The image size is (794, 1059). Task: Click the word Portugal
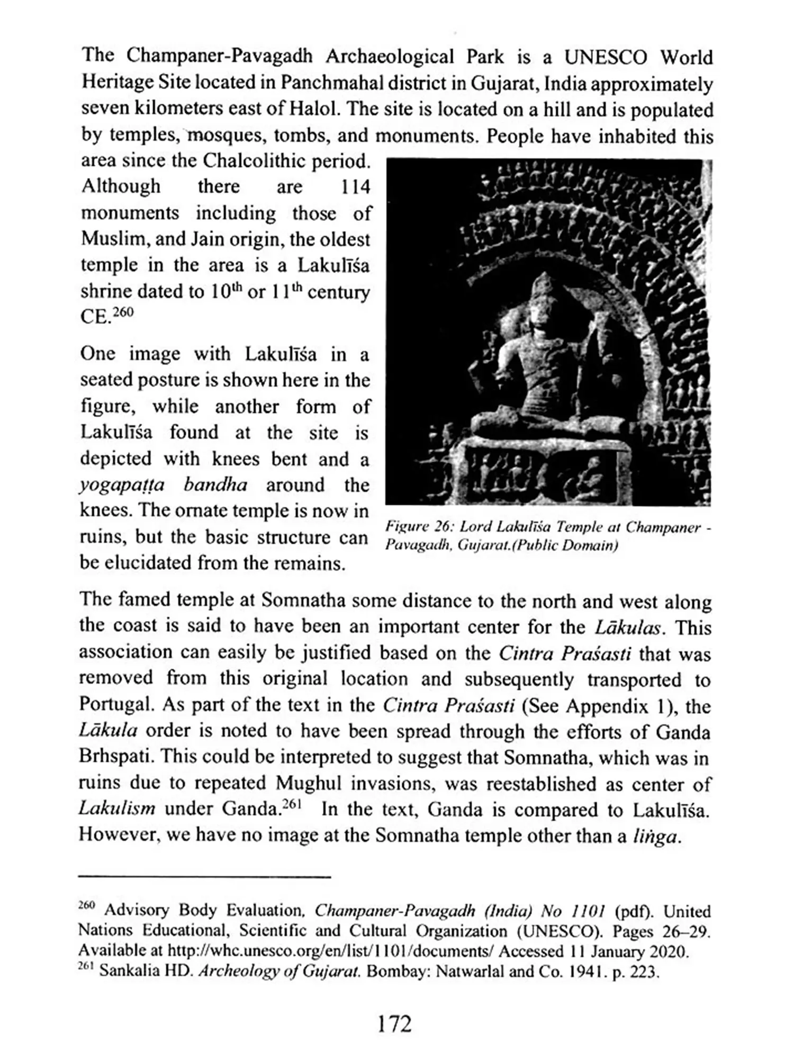116,705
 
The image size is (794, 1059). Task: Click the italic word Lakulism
117,809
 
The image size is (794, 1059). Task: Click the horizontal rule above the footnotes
204,877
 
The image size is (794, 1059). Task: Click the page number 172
395,1024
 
